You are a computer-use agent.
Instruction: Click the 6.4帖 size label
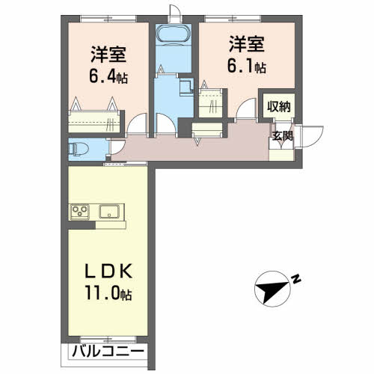[x=108, y=76]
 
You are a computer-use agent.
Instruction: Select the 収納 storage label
[x=278, y=106]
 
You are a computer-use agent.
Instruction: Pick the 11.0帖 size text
[x=108, y=294]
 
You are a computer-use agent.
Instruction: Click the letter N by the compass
[x=296, y=280]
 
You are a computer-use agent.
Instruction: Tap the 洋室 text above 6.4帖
[x=108, y=55]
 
